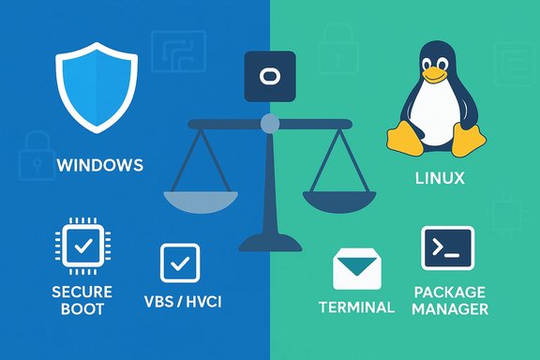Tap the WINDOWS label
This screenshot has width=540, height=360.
[100, 166]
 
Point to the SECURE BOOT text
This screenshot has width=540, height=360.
[82, 300]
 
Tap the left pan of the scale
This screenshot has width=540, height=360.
[200, 199]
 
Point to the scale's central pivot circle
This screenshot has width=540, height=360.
[269, 121]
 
